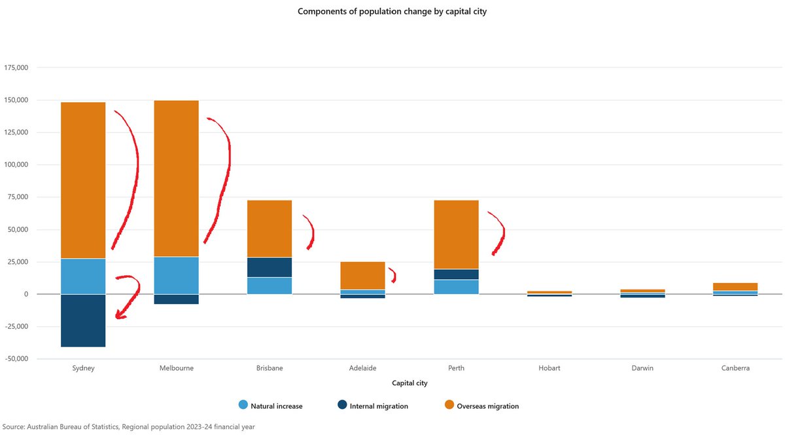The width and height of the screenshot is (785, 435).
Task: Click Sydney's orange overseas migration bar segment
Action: (x=83, y=180)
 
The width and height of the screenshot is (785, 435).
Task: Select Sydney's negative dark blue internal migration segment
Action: (x=83, y=320)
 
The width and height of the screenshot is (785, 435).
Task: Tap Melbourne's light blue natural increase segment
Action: (x=176, y=275)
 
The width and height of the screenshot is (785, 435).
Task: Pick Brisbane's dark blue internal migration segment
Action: (x=270, y=267)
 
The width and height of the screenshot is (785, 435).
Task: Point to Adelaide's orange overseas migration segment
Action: (x=362, y=276)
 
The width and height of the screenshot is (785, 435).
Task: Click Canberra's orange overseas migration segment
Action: (x=736, y=287)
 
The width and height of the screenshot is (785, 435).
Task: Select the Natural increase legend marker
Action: (x=243, y=406)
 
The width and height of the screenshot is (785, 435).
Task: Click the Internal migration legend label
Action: (x=379, y=406)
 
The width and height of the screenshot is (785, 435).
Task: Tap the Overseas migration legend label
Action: (x=487, y=406)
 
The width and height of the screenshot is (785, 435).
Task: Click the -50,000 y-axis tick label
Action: (x=16, y=359)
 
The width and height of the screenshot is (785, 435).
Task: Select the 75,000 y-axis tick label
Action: (x=18, y=197)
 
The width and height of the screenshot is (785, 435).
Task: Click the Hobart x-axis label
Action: (x=549, y=368)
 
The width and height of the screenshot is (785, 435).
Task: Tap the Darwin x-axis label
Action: (x=642, y=368)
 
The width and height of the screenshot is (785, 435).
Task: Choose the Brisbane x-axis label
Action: (x=270, y=368)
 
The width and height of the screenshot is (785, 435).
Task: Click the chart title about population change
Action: (x=392, y=11)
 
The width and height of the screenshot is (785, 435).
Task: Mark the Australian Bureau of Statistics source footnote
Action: (x=128, y=426)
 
